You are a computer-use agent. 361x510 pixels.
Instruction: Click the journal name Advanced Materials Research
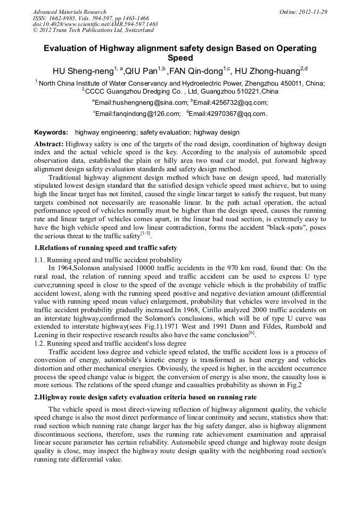click(69, 12)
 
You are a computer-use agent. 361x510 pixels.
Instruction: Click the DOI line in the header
click(95, 24)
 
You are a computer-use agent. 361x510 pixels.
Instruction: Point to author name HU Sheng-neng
click(85, 71)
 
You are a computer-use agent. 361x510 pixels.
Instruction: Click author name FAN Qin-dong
click(196, 71)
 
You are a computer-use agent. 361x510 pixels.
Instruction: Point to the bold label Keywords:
click(51, 132)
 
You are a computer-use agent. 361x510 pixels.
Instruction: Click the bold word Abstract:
click(49, 144)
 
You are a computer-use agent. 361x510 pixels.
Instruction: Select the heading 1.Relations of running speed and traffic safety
click(105, 248)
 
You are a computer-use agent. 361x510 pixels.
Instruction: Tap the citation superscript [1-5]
click(143, 233)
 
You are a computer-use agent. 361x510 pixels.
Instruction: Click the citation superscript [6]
click(251, 332)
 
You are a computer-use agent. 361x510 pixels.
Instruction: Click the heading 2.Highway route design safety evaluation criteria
click(145, 397)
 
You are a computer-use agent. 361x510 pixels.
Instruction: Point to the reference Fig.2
click(293, 386)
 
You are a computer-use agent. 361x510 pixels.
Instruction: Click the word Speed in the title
click(180, 58)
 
